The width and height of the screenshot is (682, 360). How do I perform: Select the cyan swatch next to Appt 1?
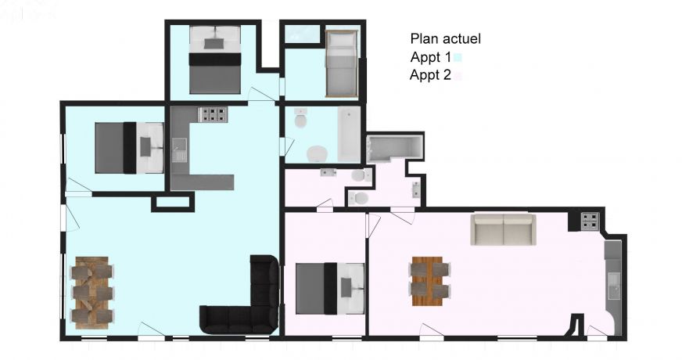(458, 57)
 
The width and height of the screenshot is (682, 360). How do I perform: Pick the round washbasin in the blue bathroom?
(318, 152)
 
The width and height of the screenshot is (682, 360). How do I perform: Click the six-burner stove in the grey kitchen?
(213, 114)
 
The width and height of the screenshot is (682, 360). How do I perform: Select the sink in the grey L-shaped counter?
(180, 149)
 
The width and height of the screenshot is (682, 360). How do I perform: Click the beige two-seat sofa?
(503, 229)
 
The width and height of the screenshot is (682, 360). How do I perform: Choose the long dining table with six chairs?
(93, 292)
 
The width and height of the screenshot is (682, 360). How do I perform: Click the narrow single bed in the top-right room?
(341, 63)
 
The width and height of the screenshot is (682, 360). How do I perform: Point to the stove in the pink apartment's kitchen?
(589, 221)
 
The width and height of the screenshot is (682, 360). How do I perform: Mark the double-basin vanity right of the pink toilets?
(416, 188)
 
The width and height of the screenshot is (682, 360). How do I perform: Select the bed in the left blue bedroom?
(130, 147)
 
